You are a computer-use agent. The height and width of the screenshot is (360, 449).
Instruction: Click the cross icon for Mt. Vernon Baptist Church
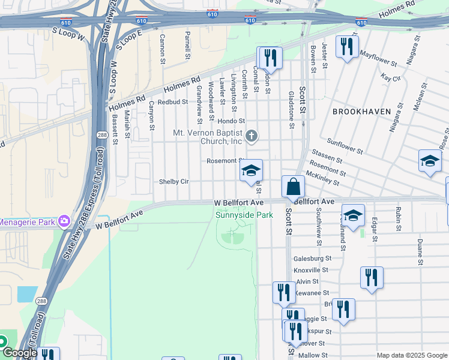click(x=252, y=137)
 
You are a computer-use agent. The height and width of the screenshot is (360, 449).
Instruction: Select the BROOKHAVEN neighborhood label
click(x=361, y=112)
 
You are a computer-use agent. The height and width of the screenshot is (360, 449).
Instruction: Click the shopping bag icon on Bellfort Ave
click(x=293, y=187)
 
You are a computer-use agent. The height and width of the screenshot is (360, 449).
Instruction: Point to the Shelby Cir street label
click(x=173, y=181)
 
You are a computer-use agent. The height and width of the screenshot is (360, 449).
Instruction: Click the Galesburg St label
click(x=312, y=258)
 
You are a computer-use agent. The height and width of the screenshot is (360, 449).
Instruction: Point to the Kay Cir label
click(x=390, y=78)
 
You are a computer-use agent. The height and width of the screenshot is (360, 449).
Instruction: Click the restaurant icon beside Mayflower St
click(x=346, y=47)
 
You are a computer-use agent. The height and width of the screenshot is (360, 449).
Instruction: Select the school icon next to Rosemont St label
click(x=251, y=170)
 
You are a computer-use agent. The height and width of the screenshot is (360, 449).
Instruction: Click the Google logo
click(x=20, y=353)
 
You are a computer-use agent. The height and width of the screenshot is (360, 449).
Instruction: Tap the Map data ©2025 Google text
click(x=412, y=355)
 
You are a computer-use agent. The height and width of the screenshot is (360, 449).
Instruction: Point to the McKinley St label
click(x=322, y=178)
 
